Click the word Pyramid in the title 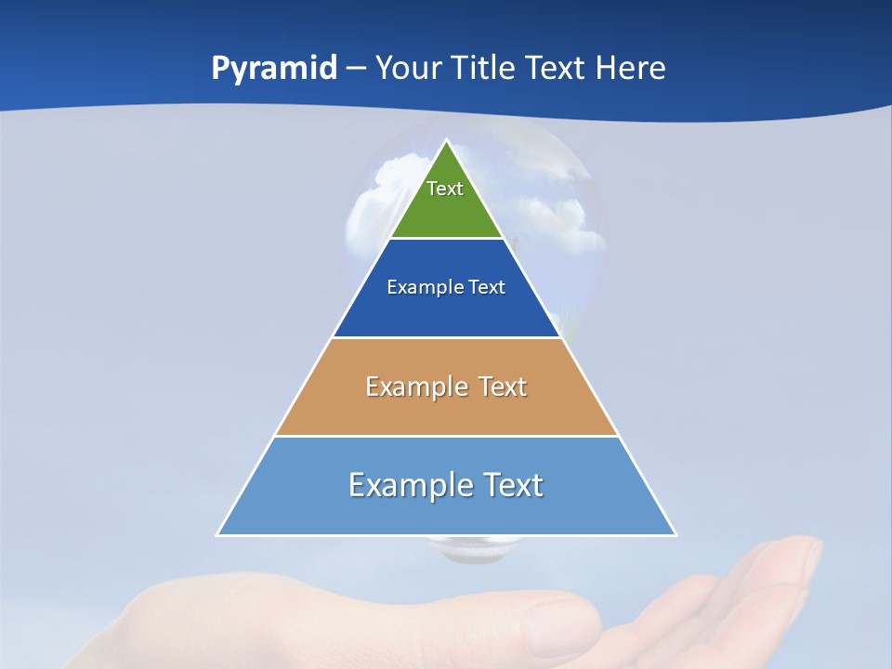(274, 69)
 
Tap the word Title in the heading (483, 68)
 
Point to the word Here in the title (630, 68)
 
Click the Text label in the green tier (445, 189)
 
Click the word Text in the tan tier (503, 387)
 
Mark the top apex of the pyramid (447, 141)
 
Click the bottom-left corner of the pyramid (218, 534)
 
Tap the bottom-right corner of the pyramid (675, 534)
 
